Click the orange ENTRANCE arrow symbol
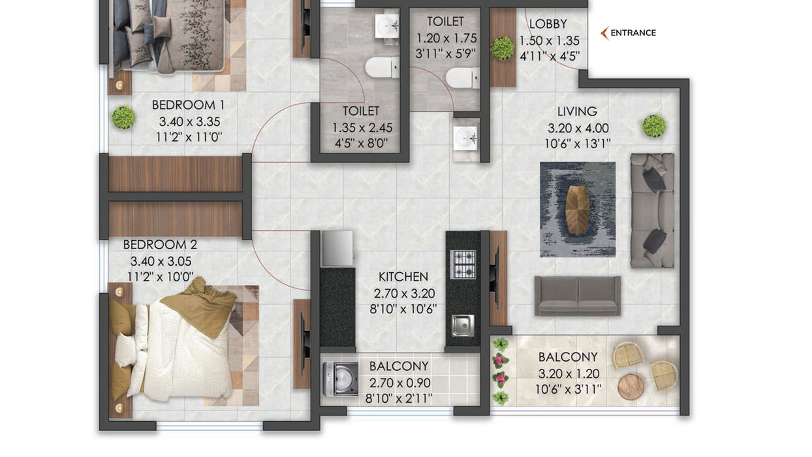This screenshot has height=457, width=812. click(604, 33)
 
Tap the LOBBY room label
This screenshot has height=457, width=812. click(548, 24)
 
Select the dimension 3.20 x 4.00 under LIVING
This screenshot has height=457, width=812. click(578, 128)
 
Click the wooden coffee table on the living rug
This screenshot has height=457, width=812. click(578, 210)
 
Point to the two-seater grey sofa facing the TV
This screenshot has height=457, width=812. click(578, 296)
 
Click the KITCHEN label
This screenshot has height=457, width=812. click(403, 277)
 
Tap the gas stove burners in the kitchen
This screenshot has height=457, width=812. click(463, 264)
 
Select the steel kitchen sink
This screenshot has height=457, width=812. click(463, 325)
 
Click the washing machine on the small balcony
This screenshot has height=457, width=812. click(340, 379)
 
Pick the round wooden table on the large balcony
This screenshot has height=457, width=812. click(631, 386)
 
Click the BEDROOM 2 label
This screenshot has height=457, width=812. click(160, 244)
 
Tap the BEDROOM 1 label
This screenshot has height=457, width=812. click(188, 105)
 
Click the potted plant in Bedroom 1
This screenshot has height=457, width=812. click(123, 117)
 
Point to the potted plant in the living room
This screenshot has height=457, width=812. click(654, 126)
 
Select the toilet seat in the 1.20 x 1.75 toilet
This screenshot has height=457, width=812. click(462, 78)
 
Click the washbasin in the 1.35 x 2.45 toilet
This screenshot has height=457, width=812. click(386, 25)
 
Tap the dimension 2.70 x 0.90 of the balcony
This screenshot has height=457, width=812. click(400, 383)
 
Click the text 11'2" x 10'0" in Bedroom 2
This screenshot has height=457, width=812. click(160, 277)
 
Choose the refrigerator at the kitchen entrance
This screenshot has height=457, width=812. click(337, 249)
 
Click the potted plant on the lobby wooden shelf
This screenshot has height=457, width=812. click(503, 48)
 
